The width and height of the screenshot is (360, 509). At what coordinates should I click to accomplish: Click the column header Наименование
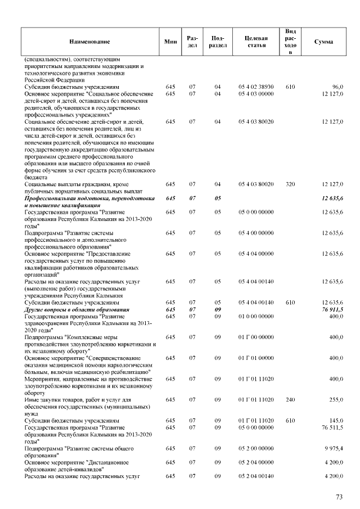click(89, 42)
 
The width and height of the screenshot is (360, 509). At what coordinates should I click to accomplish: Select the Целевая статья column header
click(256, 42)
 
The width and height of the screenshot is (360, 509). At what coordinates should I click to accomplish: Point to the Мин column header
click(170, 42)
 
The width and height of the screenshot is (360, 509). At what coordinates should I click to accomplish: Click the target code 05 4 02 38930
click(256, 87)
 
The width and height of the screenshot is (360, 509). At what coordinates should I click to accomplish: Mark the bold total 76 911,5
click(332, 309)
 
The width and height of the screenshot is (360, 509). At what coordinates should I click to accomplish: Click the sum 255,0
click(336, 399)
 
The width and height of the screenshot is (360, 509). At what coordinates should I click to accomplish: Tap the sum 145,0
click(336, 420)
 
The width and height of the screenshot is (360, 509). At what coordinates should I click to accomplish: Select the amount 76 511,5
click(332, 427)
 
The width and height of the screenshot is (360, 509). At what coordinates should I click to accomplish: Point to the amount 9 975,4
click(334, 448)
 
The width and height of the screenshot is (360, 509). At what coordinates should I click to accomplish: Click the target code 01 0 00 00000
click(256, 316)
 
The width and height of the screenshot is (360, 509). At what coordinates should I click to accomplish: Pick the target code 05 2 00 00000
click(256, 448)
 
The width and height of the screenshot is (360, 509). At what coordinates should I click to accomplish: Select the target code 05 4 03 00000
click(256, 93)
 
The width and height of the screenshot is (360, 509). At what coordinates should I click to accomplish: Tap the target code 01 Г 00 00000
click(256, 337)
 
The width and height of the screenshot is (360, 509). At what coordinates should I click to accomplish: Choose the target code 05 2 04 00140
click(256, 476)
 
